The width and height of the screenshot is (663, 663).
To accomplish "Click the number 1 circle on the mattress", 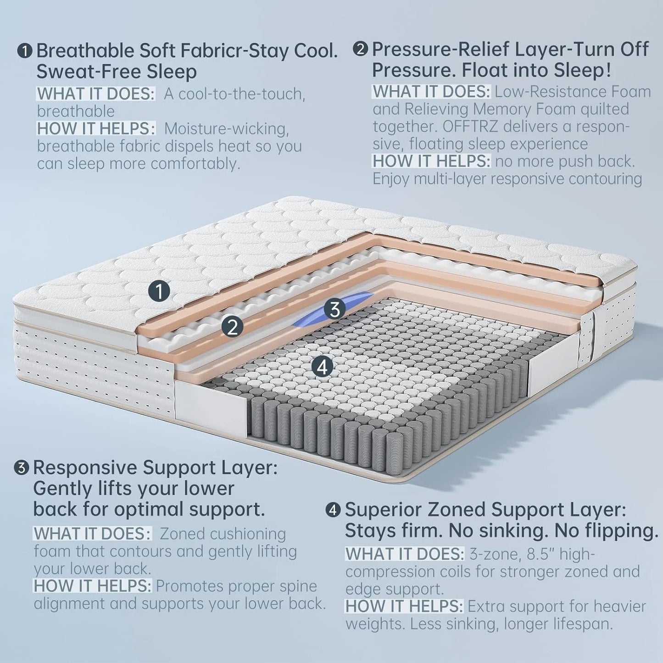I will (x=159, y=291).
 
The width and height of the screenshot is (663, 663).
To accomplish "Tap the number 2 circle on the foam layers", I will (x=232, y=326).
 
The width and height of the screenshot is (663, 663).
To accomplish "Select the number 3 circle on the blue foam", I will (x=334, y=309).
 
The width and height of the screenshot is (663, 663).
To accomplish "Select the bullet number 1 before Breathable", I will (x=25, y=51).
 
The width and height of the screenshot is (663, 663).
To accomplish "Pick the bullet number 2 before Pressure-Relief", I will (x=361, y=49).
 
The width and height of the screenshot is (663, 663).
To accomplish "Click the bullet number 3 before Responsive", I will (x=22, y=468).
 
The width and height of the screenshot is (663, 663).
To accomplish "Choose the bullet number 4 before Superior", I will (x=333, y=510).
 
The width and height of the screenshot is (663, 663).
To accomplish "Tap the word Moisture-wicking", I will (x=226, y=129).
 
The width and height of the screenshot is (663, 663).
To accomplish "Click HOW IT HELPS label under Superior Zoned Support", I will (x=404, y=607).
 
